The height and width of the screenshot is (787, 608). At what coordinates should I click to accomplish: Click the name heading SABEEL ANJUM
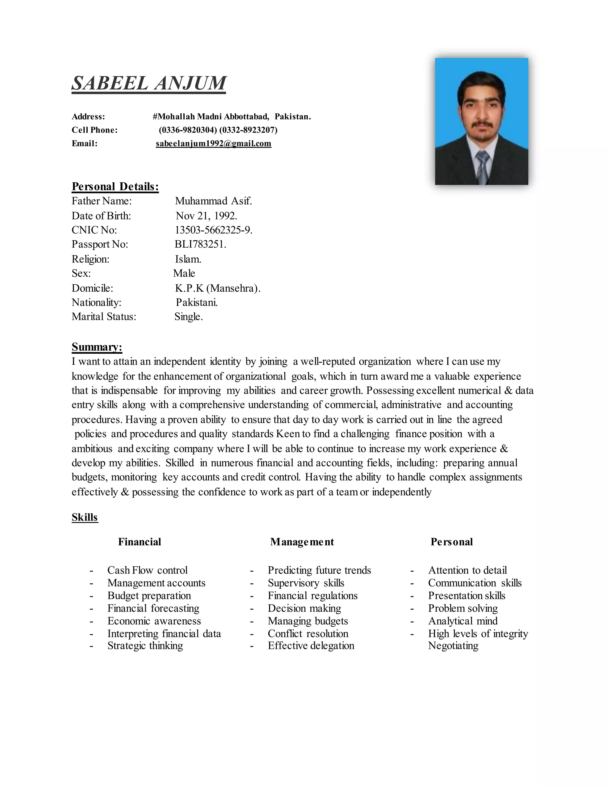click(x=149, y=83)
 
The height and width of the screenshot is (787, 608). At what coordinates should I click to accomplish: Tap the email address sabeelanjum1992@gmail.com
click(x=213, y=143)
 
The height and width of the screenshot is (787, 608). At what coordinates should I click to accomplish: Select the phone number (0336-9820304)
click(x=188, y=130)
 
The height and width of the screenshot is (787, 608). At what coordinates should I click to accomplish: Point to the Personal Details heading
click(x=115, y=186)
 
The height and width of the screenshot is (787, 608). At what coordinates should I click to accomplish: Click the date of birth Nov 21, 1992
click(x=206, y=216)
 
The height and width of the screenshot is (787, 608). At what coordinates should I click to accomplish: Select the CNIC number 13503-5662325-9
click(x=213, y=230)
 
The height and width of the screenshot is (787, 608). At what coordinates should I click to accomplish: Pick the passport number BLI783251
click(x=200, y=244)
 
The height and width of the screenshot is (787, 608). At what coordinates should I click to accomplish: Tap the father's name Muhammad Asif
click(x=213, y=201)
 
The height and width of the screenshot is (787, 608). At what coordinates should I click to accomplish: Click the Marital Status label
click(x=104, y=316)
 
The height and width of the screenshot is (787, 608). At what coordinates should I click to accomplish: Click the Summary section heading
click(x=97, y=347)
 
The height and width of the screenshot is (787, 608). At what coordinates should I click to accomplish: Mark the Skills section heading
click(x=85, y=517)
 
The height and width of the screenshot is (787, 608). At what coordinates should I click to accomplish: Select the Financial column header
click(x=140, y=542)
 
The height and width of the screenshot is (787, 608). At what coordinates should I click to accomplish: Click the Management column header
click(x=302, y=542)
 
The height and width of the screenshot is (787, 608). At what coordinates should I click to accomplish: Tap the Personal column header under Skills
click(x=451, y=542)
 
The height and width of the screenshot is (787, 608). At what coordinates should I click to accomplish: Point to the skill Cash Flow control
click(x=147, y=570)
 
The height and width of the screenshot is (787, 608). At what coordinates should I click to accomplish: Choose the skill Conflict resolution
click(x=308, y=633)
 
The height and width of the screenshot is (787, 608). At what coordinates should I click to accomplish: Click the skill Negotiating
click(x=453, y=645)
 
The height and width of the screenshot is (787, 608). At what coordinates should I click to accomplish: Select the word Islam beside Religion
click(x=188, y=259)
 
